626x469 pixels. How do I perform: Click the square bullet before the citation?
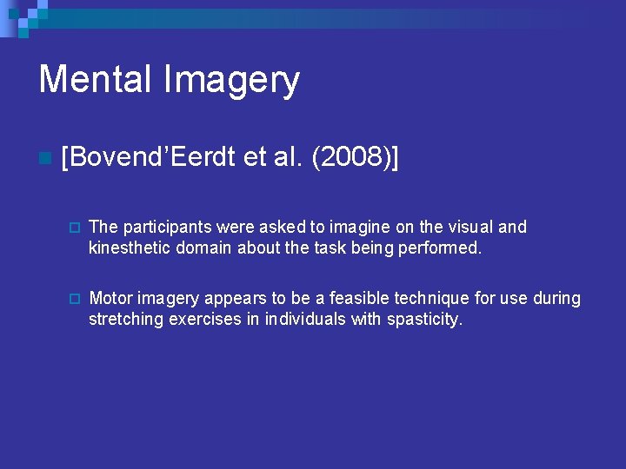pos(44,159)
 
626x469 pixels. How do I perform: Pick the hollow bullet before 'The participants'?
pos(75,228)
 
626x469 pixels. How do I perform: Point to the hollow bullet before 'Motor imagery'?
pos(75,299)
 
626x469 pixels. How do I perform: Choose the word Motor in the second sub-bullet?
pos(109,298)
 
